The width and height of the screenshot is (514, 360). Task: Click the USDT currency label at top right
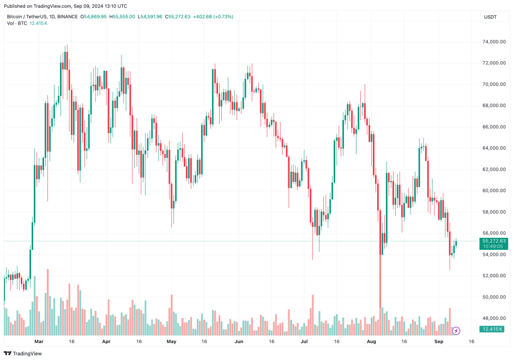tap(490, 17)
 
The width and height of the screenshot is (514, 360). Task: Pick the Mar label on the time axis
tap(39, 341)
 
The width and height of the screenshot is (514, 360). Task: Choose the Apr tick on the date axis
tap(106, 341)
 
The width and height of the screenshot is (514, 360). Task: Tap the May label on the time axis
tap(172, 341)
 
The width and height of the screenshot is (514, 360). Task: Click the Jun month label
tap(239, 341)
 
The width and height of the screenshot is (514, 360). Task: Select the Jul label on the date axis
tap(304, 341)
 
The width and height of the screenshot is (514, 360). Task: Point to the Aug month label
tap(372, 341)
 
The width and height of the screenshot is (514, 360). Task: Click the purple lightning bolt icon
tap(457, 331)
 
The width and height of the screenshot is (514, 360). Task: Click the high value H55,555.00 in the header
tap(122, 17)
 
